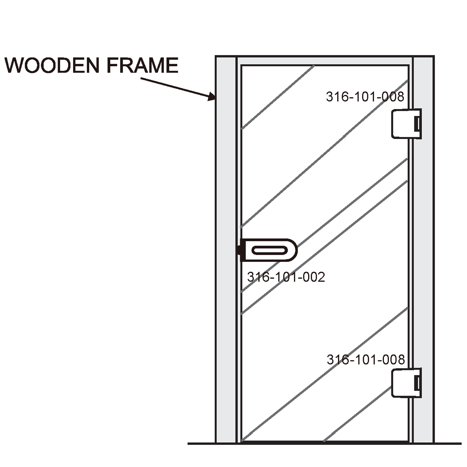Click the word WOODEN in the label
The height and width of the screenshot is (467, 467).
point(52,65)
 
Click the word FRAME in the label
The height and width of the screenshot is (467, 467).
point(142,65)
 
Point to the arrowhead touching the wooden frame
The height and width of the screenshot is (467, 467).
point(212,97)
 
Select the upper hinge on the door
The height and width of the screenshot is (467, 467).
point(406,124)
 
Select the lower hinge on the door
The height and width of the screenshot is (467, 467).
point(406,383)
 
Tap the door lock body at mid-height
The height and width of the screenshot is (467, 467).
point(269,250)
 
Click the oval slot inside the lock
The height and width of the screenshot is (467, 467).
point(270,250)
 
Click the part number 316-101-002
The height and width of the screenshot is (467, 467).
point(286,277)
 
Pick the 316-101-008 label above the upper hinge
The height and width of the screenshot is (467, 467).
point(365,97)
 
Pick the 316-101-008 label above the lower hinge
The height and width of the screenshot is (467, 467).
point(366,360)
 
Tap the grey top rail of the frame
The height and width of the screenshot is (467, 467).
point(324,61)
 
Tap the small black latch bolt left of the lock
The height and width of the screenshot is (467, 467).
point(239,250)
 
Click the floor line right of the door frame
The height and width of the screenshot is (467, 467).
point(448,444)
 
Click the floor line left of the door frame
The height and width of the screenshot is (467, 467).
point(202,444)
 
